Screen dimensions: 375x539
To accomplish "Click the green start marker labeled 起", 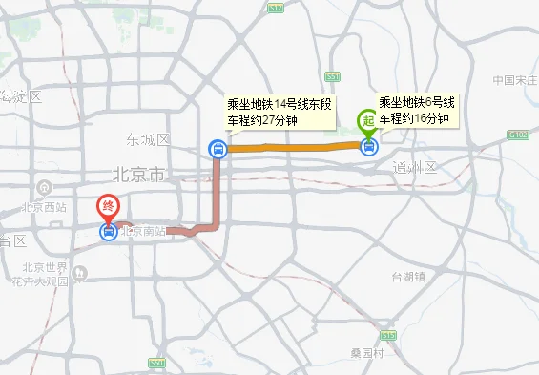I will [x=367, y=121].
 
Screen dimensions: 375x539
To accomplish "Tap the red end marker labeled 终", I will [x=108, y=206].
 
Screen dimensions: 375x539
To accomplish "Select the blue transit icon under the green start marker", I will [x=369, y=147].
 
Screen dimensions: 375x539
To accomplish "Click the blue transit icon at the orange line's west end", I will [x=218, y=148].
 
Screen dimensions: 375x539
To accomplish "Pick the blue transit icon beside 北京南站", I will [x=109, y=231].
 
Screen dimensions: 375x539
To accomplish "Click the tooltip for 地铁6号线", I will [x=417, y=110].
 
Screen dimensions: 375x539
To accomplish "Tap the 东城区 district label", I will [x=148, y=140].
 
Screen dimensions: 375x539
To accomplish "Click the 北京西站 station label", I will [x=45, y=206].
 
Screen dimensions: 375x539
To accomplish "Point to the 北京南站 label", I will [x=143, y=232].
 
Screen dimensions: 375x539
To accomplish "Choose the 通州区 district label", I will [x=414, y=167].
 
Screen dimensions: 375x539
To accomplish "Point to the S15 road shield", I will [x=387, y=336].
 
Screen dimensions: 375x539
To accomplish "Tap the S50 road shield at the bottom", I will [x=157, y=364].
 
